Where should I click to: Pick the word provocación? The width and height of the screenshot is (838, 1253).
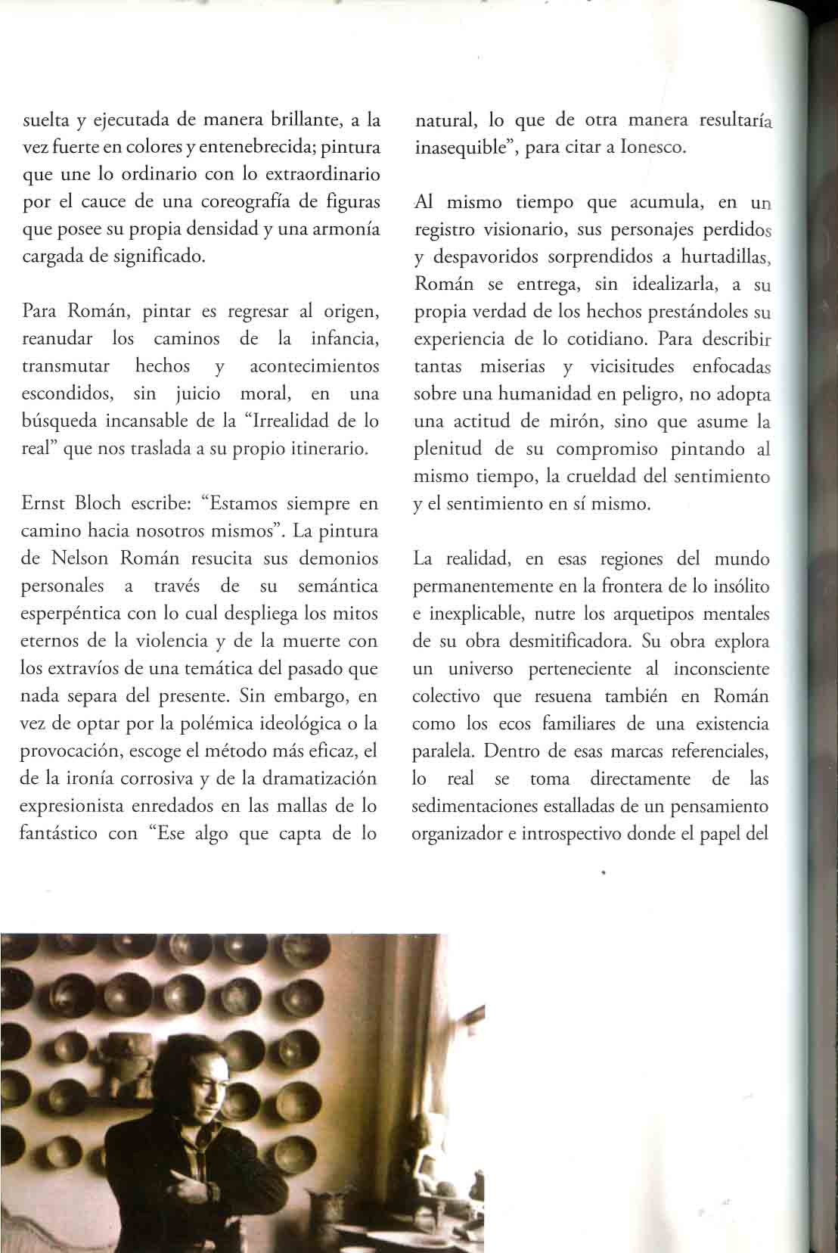(66, 751)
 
